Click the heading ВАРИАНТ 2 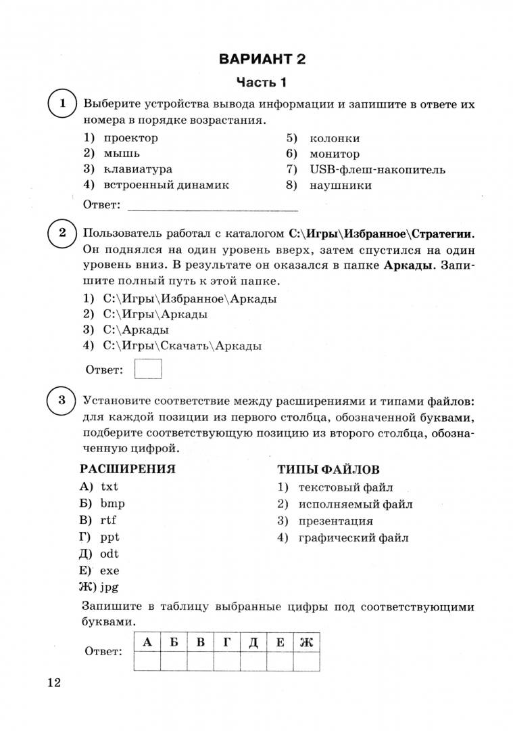coord(262,59)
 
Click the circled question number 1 coord(62,104)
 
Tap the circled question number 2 coord(62,234)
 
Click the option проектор coord(130,138)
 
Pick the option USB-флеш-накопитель coord(377,170)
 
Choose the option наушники coord(341,185)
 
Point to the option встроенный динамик coord(166,185)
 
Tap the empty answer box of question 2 coord(149,370)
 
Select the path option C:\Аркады coord(135,330)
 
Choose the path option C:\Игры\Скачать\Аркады coord(182,347)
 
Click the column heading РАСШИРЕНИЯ coord(128,468)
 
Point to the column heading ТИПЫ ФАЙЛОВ coord(328,470)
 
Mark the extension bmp coord(112,504)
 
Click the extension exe coord(109,571)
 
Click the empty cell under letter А coord(147,661)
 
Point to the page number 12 coord(54,682)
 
